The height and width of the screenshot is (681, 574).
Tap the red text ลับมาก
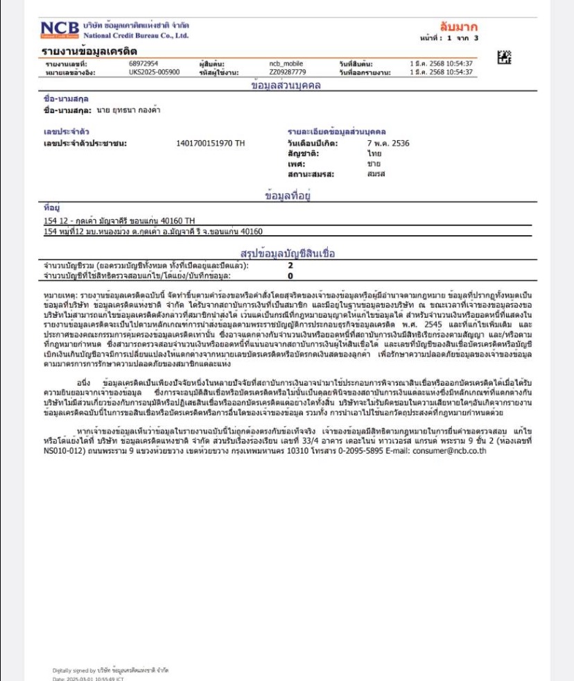coord(459,27)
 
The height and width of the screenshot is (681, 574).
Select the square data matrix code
coord(505,58)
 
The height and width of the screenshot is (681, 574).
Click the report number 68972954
coord(143,64)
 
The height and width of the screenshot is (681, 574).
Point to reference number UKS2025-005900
coord(154,71)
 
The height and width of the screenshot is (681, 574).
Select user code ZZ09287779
coord(287,71)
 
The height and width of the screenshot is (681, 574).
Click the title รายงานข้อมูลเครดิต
coord(89,52)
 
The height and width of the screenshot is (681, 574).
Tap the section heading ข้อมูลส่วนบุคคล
coord(286,85)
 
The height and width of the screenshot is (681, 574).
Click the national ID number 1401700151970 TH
coord(211,144)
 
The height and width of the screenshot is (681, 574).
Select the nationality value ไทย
coord(374,153)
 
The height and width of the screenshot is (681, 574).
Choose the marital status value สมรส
coord(376,174)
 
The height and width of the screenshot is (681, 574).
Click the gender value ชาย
coord(374,164)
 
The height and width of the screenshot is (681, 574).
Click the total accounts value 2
coord(290,266)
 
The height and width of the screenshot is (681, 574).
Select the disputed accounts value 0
coord(290,275)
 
